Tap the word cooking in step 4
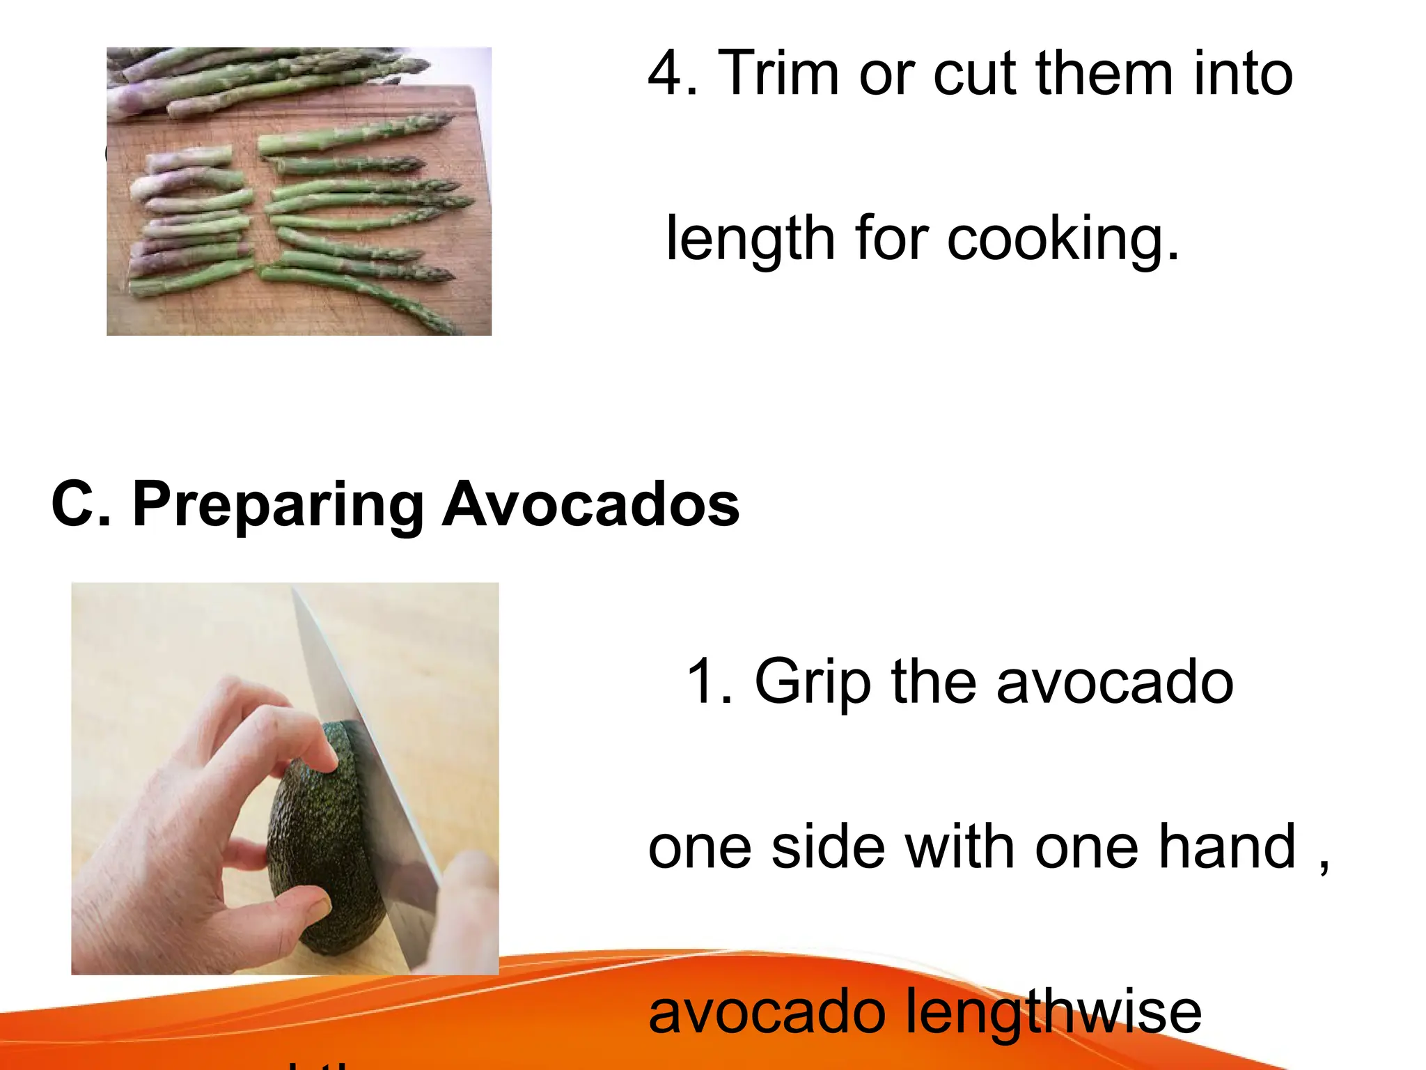pyautogui.click(x=1063, y=239)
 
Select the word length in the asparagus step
pyautogui.click(x=751, y=239)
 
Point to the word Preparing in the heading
pyautogui.click(x=278, y=504)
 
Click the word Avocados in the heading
pyautogui.click(x=590, y=504)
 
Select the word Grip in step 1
pyautogui.click(x=812, y=682)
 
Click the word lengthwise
pyautogui.click(x=1053, y=1012)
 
